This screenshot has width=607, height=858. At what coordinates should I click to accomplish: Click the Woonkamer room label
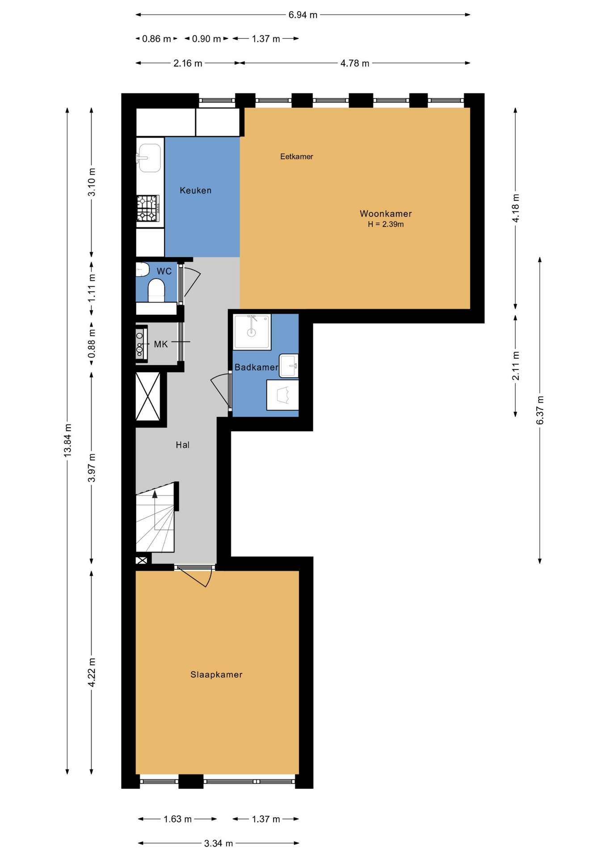point(386,214)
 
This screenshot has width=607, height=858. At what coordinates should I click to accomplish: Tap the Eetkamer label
point(296,156)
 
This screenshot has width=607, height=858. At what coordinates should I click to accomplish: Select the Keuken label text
point(195,190)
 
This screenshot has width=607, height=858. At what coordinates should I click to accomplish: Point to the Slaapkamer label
point(216,674)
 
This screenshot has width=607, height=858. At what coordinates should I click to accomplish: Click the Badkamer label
point(256,367)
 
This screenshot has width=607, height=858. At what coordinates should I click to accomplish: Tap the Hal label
point(182,445)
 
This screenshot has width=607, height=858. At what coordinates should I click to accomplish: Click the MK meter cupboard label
point(161,344)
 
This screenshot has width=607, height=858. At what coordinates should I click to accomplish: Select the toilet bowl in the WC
point(156,290)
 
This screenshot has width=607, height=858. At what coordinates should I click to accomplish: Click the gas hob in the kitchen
point(148,208)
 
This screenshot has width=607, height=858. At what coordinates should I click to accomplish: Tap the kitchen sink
point(149,158)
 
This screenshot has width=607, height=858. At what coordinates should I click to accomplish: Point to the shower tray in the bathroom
point(252,332)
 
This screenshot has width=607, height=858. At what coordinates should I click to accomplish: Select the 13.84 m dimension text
point(67,440)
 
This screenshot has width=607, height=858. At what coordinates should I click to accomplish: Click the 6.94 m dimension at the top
point(303,15)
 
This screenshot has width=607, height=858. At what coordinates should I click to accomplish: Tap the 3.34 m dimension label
point(219,843)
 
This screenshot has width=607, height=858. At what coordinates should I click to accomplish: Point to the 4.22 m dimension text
point(92,673)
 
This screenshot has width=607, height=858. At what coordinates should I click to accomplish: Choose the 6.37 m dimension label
point(540,410)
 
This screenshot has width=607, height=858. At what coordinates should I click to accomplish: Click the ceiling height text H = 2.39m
point(386,224)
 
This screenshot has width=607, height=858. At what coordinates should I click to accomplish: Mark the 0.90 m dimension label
point(207,39)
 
